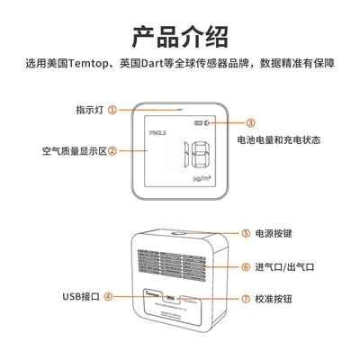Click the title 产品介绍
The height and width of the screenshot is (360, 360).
point(180,37)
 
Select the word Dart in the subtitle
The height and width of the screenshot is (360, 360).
point(155,64)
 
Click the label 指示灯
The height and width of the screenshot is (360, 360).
point(90,110)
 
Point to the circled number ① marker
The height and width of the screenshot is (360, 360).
point(112,110)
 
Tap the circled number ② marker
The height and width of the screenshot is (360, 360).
point(112,151)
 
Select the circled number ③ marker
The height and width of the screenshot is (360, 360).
point(250,122)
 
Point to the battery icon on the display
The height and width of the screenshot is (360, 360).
point(195,122)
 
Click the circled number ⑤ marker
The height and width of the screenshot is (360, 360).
point(245,232)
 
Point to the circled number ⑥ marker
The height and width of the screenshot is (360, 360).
point(245,267)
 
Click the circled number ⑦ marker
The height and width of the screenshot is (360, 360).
point(245,298)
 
